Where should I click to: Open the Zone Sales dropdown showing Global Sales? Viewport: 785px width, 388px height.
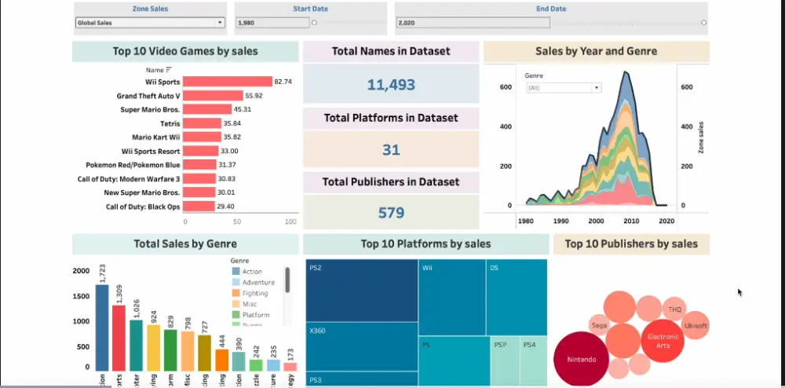[150, 23]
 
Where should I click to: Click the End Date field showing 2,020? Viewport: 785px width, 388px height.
[549, 23]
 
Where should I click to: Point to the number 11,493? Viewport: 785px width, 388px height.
[390, 85]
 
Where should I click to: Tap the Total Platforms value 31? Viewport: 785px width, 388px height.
[390, 149]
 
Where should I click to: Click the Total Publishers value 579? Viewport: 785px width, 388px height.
[390, 213]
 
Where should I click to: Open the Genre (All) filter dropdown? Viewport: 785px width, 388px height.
[564, 88]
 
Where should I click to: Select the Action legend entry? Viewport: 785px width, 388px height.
[252, 272]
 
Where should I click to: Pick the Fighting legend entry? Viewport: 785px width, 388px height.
[254, 293]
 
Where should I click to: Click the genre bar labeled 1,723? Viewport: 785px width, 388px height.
[102, 327]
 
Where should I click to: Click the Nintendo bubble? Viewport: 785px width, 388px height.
[581, 359]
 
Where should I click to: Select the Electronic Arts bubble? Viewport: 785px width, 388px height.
[662, 340]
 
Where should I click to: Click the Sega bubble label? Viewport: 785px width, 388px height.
[599, 324]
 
